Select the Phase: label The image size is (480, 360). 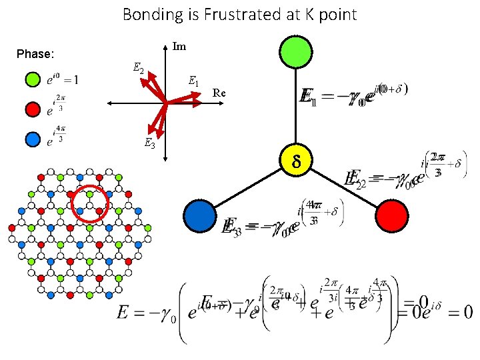pyautogui.click(x=35, y=53)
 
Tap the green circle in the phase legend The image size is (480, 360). pyautogui.click(x=31, y=80)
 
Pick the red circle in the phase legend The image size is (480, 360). pyautogui.click(x=31, y=109)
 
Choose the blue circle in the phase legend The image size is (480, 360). pyautogui.click(x=31, y=139)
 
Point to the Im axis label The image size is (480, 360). pyautogui.click(x=179, y=47)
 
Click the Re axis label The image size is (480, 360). pyautogui.click(x=219, y=93)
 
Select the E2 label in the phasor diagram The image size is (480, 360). pyautogui.click(x=138, y=67)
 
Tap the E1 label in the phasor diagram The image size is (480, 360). pyautogui.click(x=193, y=81)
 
